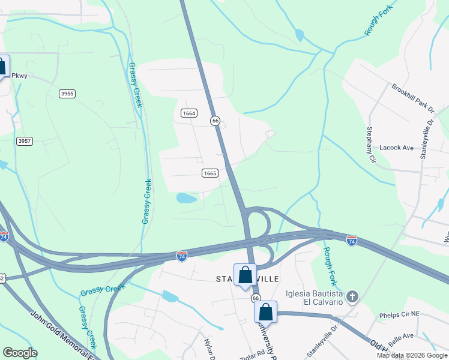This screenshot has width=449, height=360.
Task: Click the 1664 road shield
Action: pos(189,113)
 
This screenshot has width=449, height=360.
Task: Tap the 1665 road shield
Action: pos(209,173)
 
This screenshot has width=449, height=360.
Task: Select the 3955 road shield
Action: pos(67,93)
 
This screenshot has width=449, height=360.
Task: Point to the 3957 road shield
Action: pos(25,141)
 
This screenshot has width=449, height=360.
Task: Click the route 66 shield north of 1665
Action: pos(215,121)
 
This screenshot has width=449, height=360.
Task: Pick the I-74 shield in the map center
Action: pos(181,256)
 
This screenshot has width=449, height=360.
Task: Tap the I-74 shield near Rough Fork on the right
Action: pos(352,241)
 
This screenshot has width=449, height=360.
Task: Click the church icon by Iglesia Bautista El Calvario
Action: pos(352,296)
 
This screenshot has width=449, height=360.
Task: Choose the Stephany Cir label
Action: pos(371,145)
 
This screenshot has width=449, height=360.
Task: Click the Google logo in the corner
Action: pos(20,353)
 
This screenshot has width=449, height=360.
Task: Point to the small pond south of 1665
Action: pos(187,198)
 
